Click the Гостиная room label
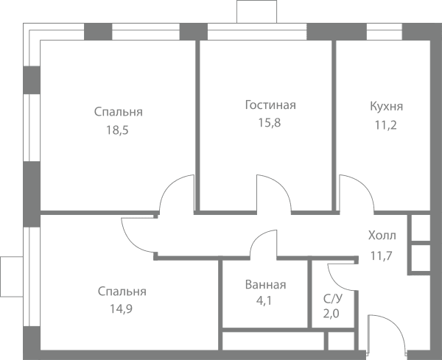pos(270,105)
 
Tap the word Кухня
pos(386,107)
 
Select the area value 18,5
pos(117,130)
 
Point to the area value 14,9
pos(121,309)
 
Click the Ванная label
pos(265,284)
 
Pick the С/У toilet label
pos(333,299)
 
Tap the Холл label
pos(382,236)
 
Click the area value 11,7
pos(382,256)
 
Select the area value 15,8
pos(270,123)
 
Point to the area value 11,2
pos(385,125)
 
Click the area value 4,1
pos(264,301)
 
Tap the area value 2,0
pos(331,314)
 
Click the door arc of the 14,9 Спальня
pos(131,241)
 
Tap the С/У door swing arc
pos(335,282)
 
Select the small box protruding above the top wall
pos(257,12)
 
